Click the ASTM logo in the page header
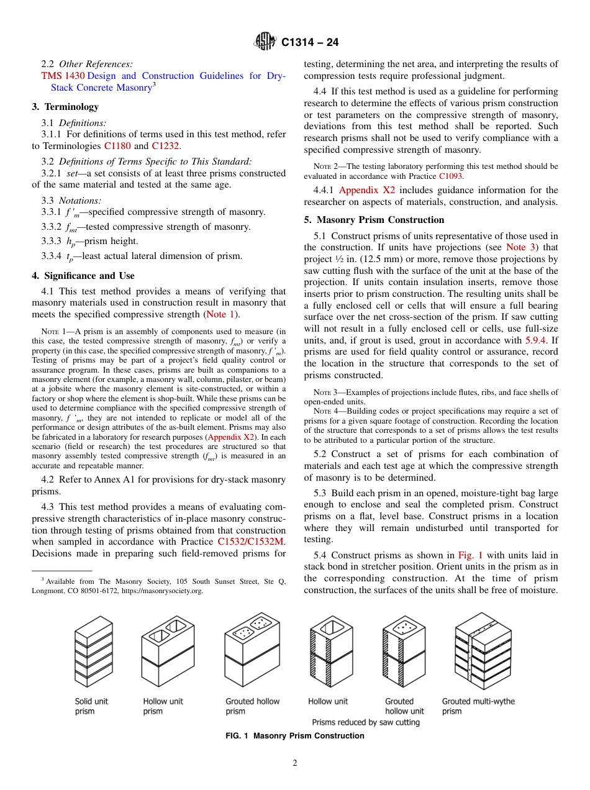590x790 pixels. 265,42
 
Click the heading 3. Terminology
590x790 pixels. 65,107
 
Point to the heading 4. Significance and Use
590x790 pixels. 83,276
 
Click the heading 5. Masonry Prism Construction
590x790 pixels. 374,220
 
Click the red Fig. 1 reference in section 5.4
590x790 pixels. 470,555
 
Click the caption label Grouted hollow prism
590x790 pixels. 252,706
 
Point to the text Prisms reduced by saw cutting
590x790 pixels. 366,722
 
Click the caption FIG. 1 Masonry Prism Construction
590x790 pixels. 294,736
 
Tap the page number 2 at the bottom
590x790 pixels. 295,763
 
